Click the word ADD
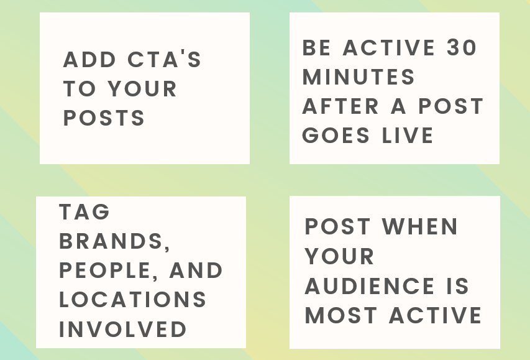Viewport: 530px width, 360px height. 89,60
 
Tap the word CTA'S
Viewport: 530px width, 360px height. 164,59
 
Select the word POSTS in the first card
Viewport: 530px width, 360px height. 104,118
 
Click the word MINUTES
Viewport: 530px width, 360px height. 359,77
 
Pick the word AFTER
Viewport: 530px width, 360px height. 340,106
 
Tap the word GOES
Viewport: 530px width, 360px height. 336,136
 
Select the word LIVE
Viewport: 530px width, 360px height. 408,136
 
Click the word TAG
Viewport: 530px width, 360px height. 85,212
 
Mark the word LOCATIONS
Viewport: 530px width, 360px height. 132,300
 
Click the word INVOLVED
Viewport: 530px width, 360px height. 123,329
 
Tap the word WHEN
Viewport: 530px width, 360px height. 420,226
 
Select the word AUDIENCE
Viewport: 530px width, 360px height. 370,286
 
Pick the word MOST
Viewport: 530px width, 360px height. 340,315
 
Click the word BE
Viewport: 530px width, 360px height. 316,47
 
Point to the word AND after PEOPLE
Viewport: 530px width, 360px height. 196,270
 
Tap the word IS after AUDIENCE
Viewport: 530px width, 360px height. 458,286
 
